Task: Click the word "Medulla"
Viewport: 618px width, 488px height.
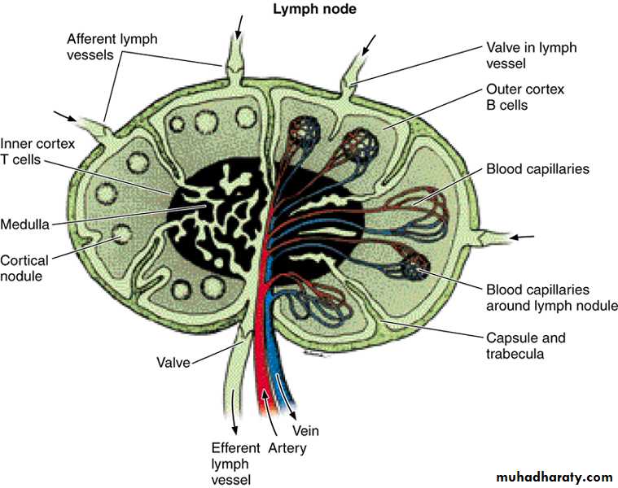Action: (25, 222)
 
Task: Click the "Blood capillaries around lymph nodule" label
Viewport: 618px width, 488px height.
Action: (551, 297)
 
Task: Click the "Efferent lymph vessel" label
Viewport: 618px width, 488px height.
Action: (235, 464)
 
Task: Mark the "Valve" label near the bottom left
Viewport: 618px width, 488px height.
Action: (173, 363)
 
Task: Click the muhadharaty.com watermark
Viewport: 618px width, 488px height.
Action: (550, 477)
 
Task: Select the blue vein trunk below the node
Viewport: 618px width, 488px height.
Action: (283, 374)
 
